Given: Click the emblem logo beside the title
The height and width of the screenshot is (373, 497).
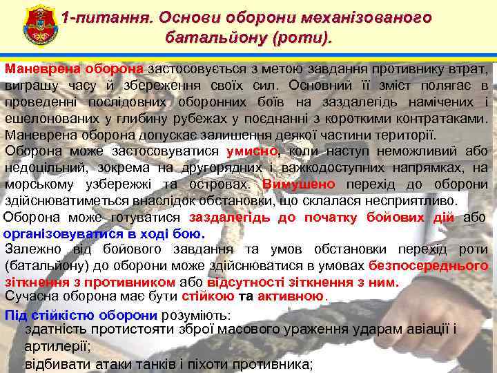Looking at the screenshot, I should pos(32,26).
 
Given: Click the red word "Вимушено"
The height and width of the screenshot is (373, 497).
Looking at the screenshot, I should pos(299,184).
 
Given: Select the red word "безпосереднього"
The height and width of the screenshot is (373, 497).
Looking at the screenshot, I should pos(428,266).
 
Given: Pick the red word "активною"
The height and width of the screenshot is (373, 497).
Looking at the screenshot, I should pos(290,297).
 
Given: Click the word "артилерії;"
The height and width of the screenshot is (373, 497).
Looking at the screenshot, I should pos(57,347).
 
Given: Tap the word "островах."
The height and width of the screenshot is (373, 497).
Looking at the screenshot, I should pos(225,184).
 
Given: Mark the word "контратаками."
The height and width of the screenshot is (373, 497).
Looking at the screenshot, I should pos(442,119).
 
